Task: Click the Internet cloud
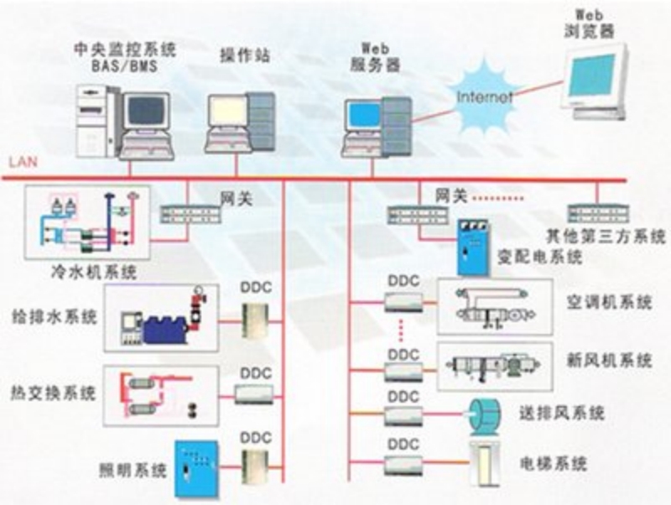tap(483, 97)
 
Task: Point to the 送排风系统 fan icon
tap(483, 413)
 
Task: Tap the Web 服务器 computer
tap(377, 126)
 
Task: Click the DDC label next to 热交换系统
tap(256, 372)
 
